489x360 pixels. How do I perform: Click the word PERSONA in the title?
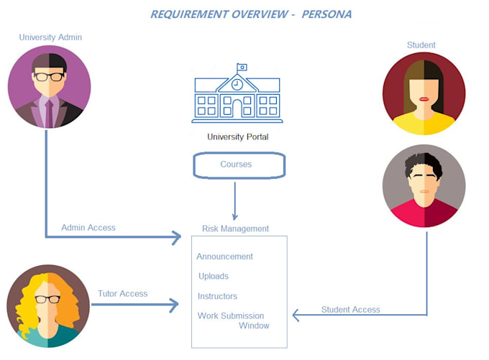(x=328, y=14)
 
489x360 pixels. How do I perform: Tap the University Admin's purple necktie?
(x=49, y=111)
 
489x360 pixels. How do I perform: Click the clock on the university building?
(x=237, y=84)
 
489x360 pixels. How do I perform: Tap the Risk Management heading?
(x=235, y=229)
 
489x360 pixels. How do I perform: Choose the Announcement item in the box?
(x=224, y=257)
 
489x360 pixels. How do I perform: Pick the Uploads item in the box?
(x=214, y=276)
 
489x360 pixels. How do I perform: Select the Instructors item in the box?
(x=217, y=296)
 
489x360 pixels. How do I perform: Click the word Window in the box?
(x=254, y=326)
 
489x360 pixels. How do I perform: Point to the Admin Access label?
(x=88, y=228)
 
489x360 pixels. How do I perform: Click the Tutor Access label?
(x=122, y=293)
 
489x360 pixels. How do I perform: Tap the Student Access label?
(x=350, y=310)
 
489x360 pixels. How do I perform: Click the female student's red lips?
(x=424, y=98)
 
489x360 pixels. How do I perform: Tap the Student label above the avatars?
(x=421, y=45)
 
